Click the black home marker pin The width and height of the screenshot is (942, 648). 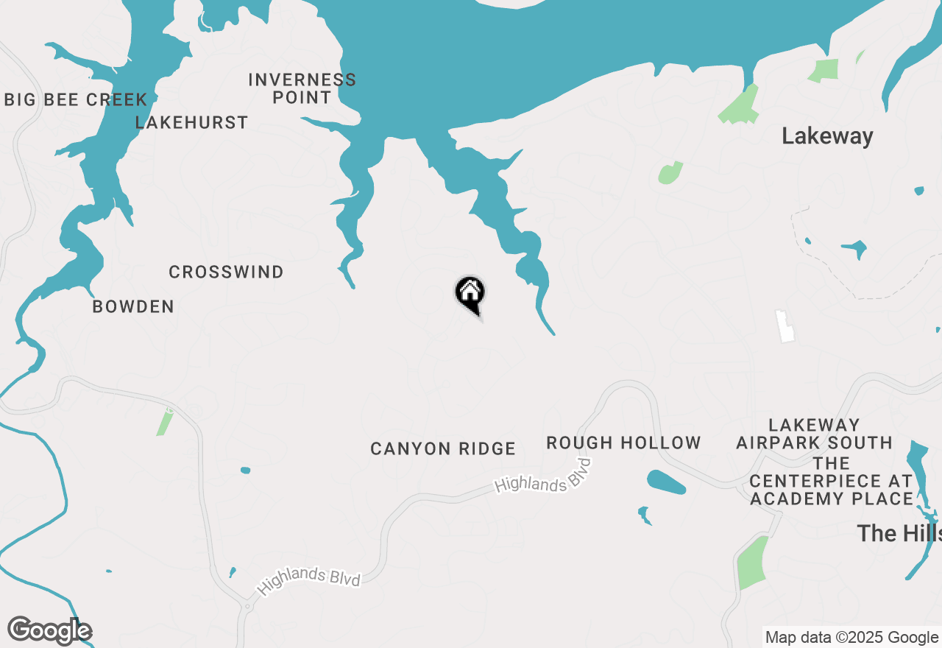click(470, 293)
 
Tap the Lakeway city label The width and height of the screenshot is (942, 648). click(827, 136)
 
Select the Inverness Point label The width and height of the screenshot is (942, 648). click(302, 88)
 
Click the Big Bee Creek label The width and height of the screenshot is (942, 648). click(76, 100)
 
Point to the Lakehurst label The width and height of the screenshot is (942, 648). click(191, 123)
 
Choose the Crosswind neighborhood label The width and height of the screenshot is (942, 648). click(226, 272)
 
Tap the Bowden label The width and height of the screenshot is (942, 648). click(133, 307)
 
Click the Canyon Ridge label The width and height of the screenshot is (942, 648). click(442, 448)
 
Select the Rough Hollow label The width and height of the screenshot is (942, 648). click(623, 443)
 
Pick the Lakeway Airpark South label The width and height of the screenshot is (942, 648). click(814, 434)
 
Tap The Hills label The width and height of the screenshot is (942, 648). click(899, 533)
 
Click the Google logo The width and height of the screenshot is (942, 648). click(49, 631)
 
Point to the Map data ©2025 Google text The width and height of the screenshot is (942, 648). click(851, 638)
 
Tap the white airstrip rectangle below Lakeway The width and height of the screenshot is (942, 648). click(786, 326)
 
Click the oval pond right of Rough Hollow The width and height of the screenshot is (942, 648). click(666, 482)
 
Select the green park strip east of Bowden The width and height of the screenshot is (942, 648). click(165, 422)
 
